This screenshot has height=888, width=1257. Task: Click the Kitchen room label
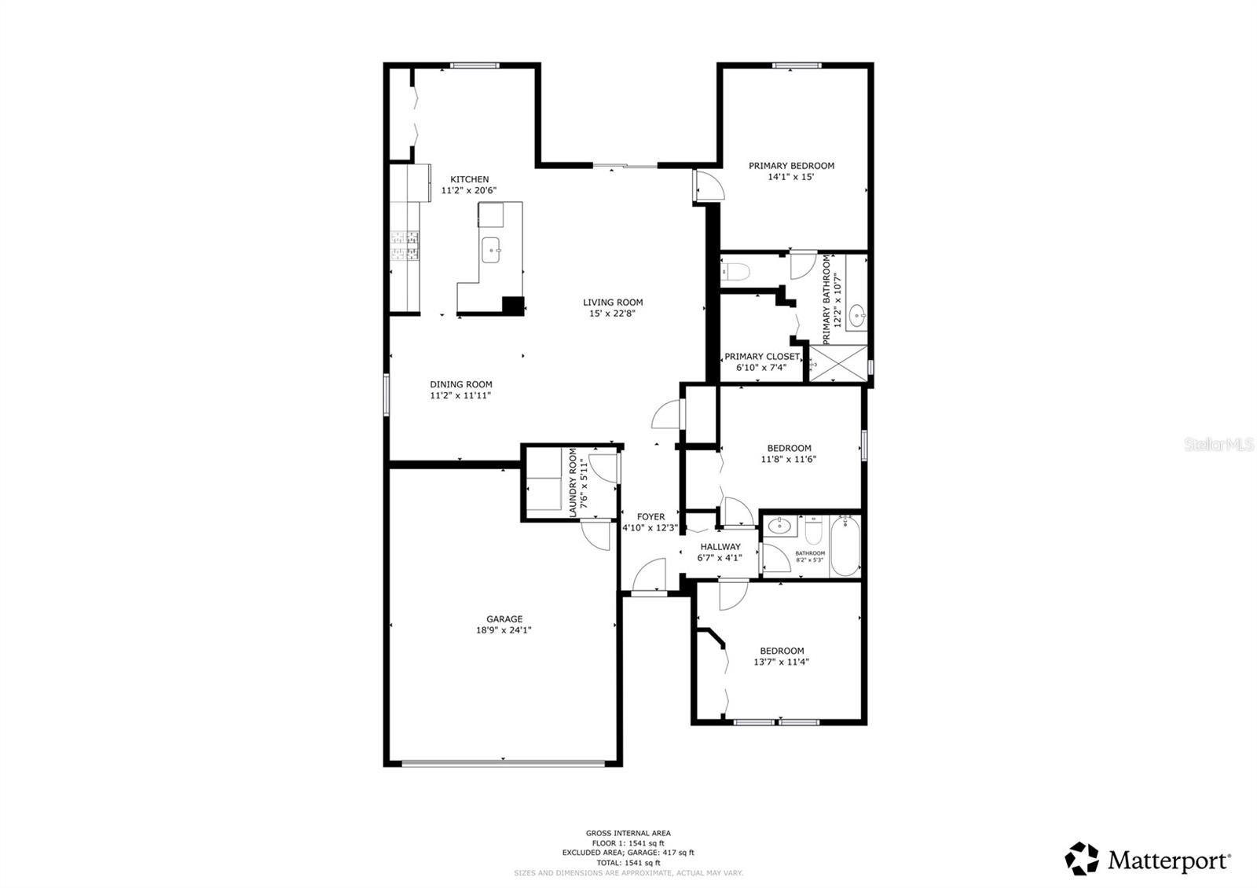(x=469, y=179)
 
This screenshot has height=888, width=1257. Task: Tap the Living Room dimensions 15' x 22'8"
(x=612, y=314)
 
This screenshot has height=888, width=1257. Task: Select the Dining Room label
(x=460, y=384)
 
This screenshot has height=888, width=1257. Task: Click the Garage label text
(x=504, y=618)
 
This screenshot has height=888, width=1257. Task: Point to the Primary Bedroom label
(x=791, y=166)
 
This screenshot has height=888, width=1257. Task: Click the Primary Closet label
(x=761, y=356)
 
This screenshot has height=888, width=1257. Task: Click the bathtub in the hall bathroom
(x=845, y=545)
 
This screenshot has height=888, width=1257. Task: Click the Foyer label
(x=650, y=516)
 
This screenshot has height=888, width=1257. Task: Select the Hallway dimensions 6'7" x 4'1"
(x=719, y=558)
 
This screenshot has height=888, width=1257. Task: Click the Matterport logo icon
(x=1082, y=859)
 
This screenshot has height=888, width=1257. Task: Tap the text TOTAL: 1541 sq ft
(x=628, y=862)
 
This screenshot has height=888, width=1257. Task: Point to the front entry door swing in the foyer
(x=649, y=576)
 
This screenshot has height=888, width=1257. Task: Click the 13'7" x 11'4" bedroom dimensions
(x=781, y=662)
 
